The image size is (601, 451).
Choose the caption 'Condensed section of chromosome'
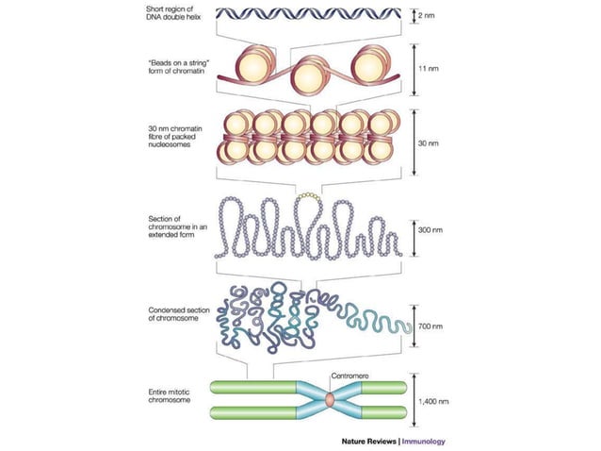(179, 313)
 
